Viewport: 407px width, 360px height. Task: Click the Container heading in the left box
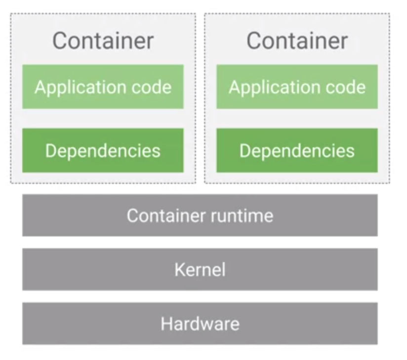pos(103,41)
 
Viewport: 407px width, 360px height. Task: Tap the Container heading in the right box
pos(297,41)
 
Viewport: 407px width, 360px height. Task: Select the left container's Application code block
pos(103,87)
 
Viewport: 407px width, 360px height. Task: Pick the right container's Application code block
pos(297,87)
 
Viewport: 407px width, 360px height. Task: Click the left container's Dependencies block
pos(103,150)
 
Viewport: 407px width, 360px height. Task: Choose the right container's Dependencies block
pos(297,150)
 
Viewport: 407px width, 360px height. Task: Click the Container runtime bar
pos(200,215)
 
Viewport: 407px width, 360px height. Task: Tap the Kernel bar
pos(200,270)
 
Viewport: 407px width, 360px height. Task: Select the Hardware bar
pos(200,324)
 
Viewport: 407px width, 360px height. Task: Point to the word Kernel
pos(200,270)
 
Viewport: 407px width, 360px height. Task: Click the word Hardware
pos(200,324)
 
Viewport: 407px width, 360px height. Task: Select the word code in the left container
pos(151,87)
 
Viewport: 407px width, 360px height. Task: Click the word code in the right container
pos(345,87)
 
